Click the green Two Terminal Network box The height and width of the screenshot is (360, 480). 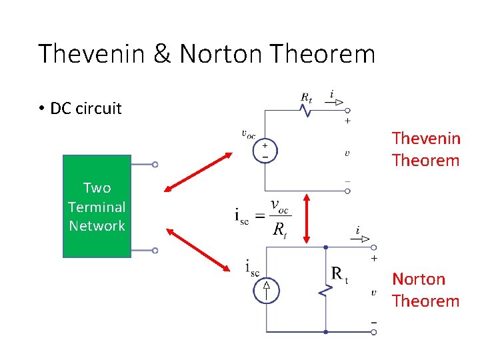click(x=97, y=207)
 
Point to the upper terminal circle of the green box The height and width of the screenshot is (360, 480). click(x=155, y=164)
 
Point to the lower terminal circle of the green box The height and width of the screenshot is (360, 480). click(x=155, y=251)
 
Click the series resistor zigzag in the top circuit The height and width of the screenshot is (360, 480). click(x=307, y=111)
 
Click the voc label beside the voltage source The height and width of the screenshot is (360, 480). click(x=248, y=134)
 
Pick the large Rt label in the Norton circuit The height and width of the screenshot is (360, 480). click(x=339, y=273)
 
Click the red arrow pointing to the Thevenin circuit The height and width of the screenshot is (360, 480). click(x=198, y=173)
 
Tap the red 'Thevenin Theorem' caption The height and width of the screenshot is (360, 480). click(x=425, y=149)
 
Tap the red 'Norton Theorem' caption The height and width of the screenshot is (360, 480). click(x=425, y=290)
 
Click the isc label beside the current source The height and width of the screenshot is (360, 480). click(x=251, y=268)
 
